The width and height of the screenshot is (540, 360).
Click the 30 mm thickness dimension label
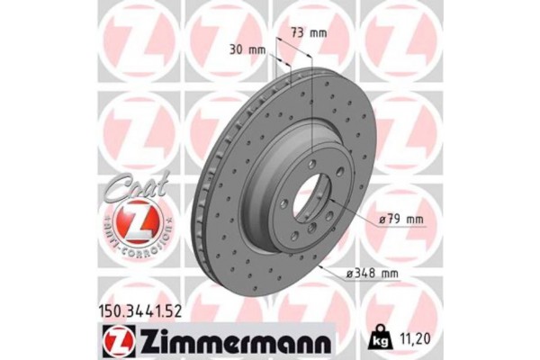[x=247, y=50]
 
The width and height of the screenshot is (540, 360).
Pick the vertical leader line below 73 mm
[x=310, y=99]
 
